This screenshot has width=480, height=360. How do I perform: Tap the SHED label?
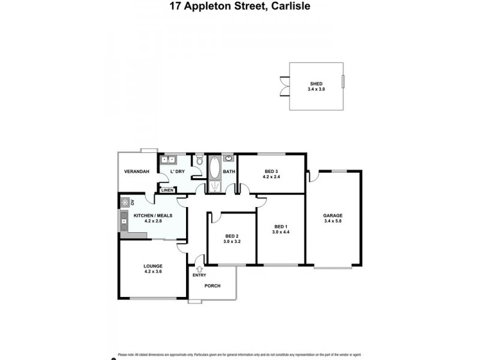click(316, 84)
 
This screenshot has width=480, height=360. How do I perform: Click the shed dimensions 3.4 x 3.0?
click(316, 89)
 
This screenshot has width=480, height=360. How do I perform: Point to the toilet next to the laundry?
click(199, 160)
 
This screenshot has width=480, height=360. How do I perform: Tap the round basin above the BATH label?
click(229, 159)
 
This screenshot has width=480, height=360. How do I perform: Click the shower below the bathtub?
click(214, 187)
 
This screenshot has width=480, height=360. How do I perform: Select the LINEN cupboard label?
click(167, 190)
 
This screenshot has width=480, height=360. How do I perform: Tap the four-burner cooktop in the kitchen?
click(125, 202)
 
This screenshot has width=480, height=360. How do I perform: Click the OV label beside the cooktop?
click(132, 202)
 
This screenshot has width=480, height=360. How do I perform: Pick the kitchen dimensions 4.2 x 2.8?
click(154, 221)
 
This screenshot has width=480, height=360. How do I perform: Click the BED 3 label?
click(272, 172)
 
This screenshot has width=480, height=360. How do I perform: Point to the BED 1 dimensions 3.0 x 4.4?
click(281, 232)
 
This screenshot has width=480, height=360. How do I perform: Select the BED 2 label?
click(232, 236)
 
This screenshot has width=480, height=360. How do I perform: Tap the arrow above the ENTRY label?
click(199, 268)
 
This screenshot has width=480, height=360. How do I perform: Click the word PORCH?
click(212, 286)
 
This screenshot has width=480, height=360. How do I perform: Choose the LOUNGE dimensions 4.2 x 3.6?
click(153, 272)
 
